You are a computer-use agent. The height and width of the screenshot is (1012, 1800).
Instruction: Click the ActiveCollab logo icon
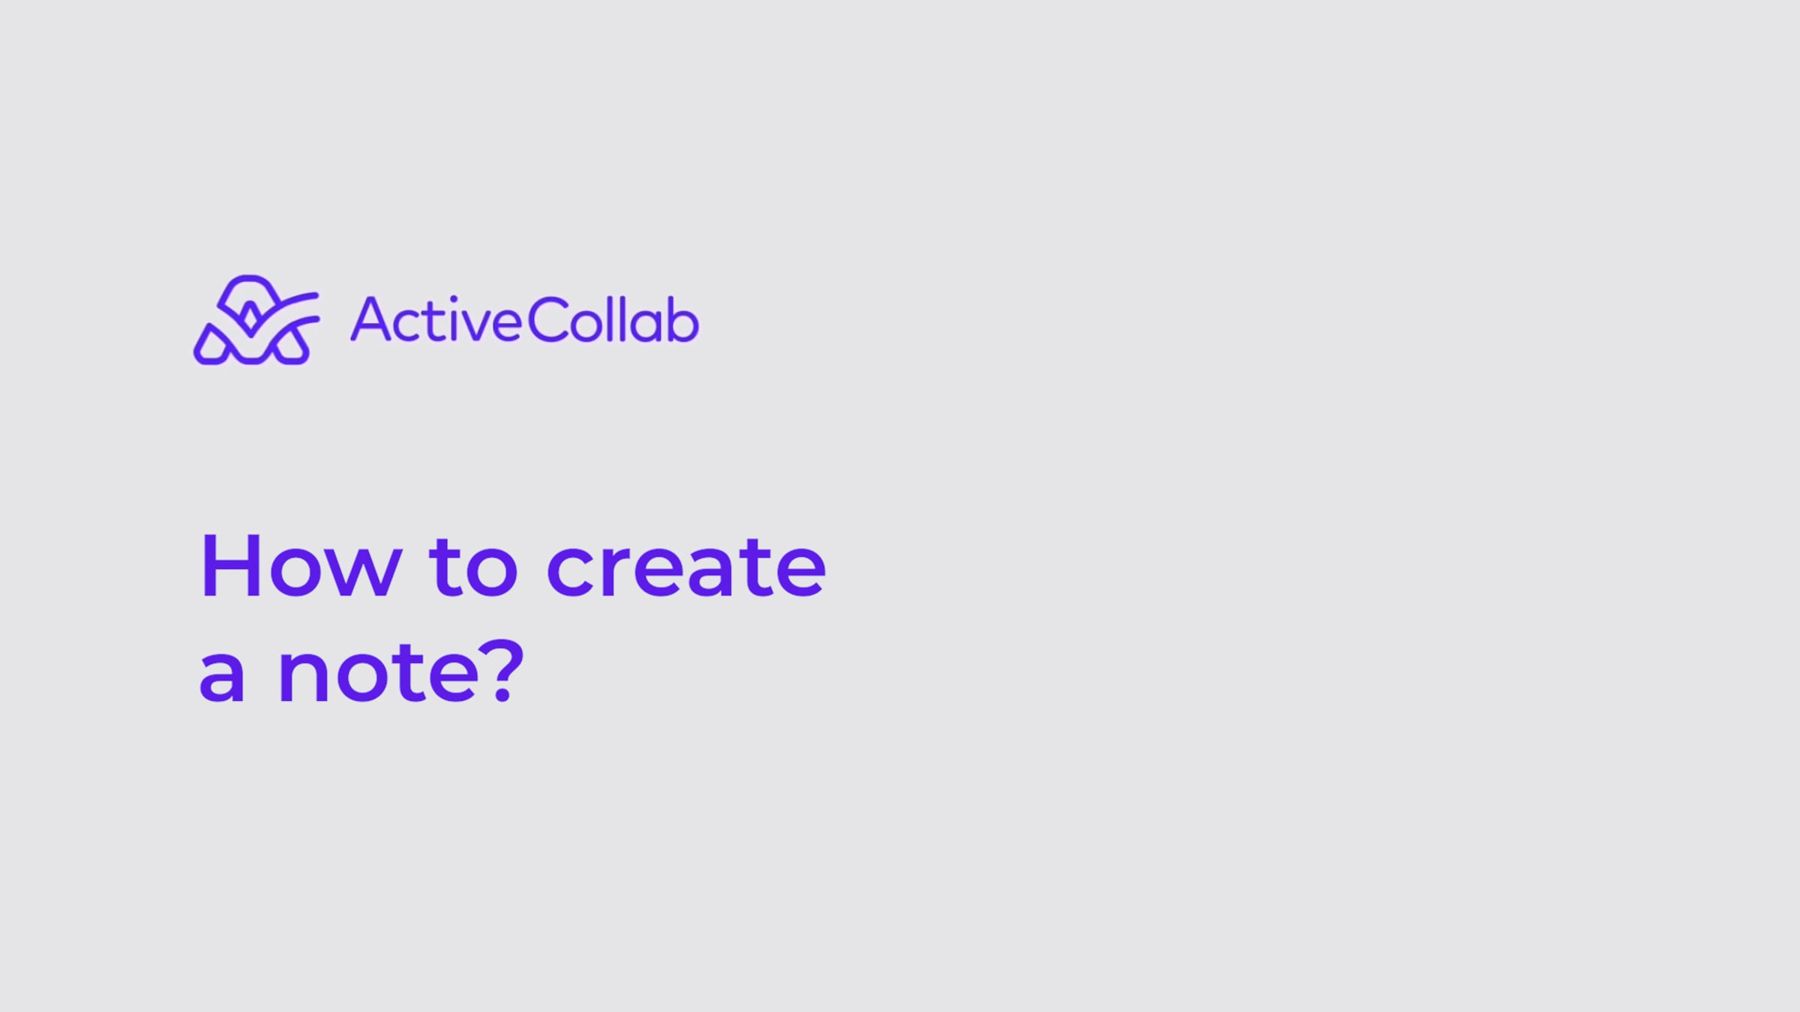[256, 320]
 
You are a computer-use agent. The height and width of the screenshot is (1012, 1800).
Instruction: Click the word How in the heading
[301, 566]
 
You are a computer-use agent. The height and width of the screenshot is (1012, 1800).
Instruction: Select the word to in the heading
[473, 567]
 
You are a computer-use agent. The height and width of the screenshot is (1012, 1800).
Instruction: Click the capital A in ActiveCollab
[370, 319]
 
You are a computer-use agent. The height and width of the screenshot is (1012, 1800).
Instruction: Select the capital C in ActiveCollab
[547, 320]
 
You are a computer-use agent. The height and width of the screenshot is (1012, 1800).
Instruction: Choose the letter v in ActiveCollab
[476, 326]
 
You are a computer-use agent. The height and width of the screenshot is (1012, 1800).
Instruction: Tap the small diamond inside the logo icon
[251, 318]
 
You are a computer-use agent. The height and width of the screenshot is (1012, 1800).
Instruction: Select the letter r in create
[611, 573]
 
